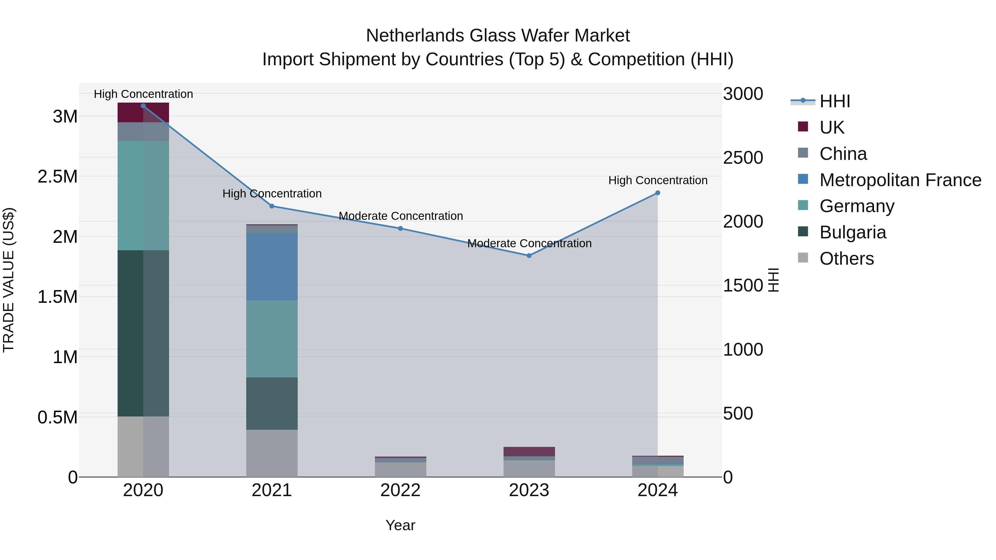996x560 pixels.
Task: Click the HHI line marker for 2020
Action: coord(143,106)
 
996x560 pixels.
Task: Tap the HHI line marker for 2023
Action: coord(529,256)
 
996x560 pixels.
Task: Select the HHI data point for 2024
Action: coord(657,193)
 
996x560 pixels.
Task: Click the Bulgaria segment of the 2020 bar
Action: coord(143,333)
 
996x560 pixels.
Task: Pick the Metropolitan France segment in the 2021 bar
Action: coord(272,266)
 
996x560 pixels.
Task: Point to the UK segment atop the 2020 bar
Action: coord(143,113)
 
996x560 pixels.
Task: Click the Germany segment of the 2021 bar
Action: coord(272,339)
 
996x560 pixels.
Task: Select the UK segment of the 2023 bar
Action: coord(529,451)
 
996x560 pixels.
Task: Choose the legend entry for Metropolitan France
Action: coord(900,180)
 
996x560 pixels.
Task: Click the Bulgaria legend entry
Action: coord(853,232)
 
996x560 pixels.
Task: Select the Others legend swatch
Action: coord(803,258)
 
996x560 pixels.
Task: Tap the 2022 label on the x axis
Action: coord(400,490)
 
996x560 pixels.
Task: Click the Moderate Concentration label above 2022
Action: coord(401,216)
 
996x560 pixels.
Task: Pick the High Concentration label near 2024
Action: coord(658,181)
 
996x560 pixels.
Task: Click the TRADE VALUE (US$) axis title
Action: coord(9,280)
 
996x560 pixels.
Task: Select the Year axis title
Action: coord(400,525)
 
